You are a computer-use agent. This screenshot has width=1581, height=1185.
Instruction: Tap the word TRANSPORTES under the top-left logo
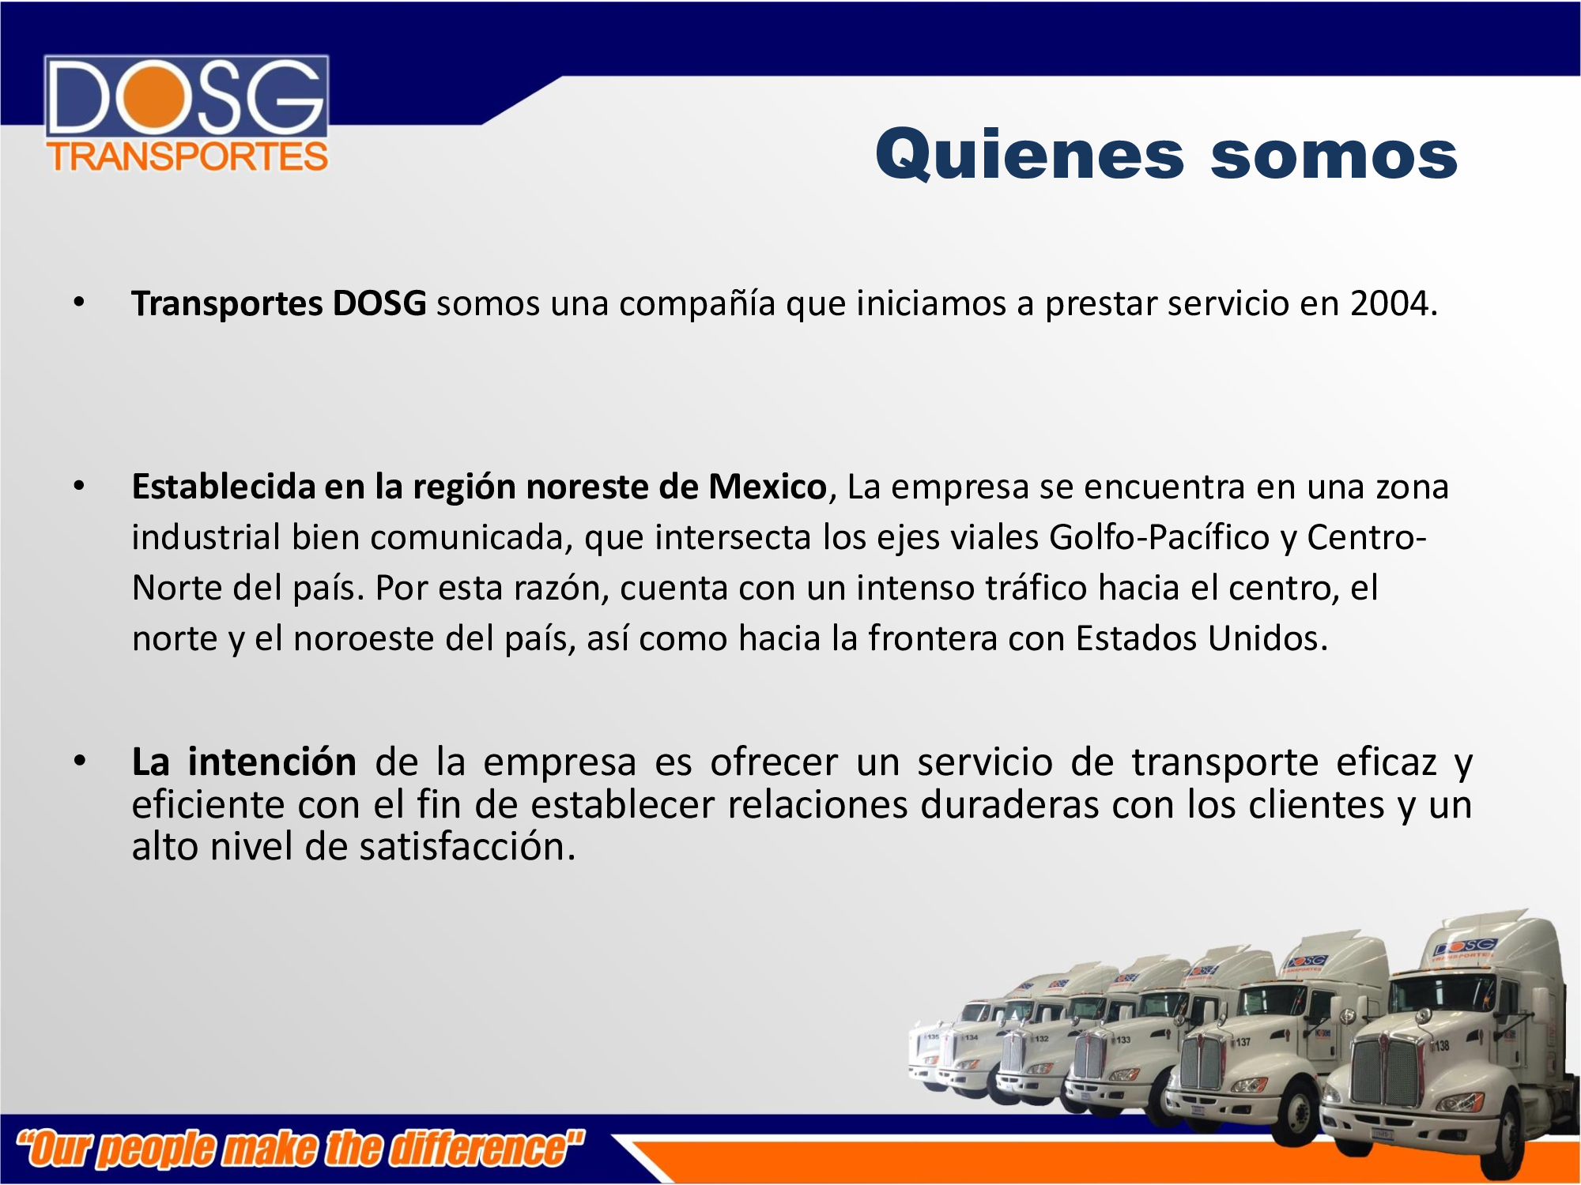187,156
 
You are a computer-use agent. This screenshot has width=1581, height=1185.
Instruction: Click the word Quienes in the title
1029,156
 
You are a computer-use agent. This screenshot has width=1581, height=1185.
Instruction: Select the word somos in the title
1334,156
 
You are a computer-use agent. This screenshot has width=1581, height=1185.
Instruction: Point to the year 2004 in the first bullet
1390,304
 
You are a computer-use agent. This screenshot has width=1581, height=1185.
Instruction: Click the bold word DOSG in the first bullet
379,304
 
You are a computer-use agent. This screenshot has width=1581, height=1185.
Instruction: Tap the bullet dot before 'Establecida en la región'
79,486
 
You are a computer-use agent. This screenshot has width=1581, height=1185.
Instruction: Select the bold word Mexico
767,487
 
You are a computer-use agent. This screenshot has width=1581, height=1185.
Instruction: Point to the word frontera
933,638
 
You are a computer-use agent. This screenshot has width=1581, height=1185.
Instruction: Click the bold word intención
272,762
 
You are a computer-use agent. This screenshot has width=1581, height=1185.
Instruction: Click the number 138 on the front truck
1442,1046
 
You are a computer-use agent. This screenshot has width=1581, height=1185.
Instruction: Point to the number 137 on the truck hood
1243,1042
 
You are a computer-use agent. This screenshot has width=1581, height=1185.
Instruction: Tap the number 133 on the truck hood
1123,1040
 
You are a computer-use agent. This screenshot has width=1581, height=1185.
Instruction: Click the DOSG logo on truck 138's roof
1464,946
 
